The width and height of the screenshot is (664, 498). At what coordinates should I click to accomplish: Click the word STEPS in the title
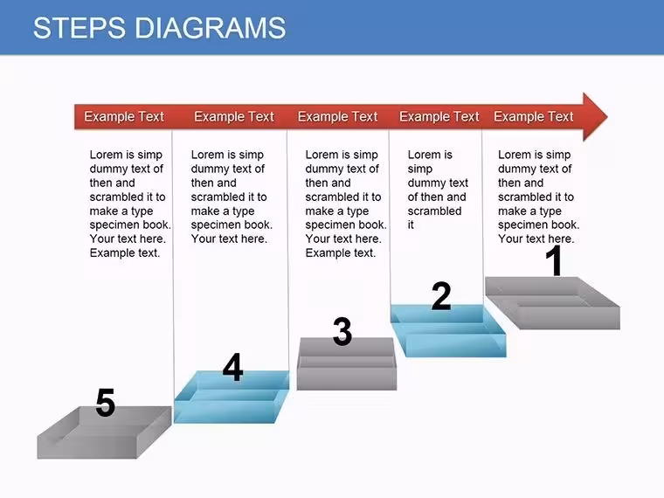[80, 28]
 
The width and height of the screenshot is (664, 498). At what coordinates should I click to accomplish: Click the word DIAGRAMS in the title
[210, 28]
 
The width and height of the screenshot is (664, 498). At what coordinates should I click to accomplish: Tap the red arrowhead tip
[607, 116]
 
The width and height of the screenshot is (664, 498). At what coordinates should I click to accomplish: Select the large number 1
[554, 261]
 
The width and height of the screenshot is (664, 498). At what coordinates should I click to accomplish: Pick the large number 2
[441, 295]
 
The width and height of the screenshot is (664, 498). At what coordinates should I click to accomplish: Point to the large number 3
[342, 331]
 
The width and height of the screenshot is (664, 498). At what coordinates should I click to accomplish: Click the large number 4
[233, 367]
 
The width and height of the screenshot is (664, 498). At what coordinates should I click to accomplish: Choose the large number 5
[106, 402]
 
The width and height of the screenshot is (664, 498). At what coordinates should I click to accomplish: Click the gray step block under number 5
[104, 432]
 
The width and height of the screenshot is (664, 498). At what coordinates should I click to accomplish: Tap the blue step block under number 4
[232, 398]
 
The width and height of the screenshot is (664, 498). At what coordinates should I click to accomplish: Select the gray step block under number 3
[346, 364]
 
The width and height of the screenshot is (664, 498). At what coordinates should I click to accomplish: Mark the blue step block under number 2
[448, 331]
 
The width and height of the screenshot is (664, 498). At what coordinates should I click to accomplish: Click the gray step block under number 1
[552, 303]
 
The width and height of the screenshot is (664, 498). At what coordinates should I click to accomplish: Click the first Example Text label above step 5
[124, 116]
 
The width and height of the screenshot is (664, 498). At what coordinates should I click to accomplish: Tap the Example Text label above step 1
[533, 116]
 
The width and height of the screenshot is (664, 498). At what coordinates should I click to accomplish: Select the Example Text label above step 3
[337, 116]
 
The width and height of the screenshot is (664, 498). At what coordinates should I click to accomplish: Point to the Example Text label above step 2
[439, 116]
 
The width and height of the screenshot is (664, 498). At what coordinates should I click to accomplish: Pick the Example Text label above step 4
[234, 116]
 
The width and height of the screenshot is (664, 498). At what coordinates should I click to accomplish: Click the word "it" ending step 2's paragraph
[411, 225]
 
